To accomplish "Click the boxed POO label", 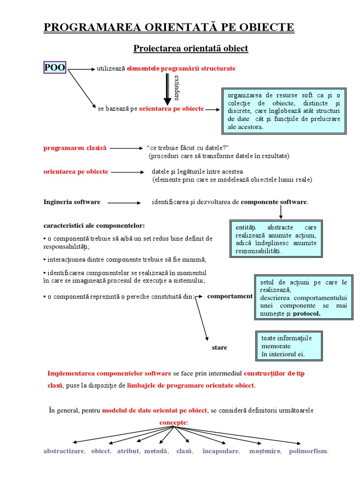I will pos(54,68).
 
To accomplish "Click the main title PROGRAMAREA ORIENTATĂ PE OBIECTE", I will pos(169,27).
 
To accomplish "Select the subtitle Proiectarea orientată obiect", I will pos(191,48).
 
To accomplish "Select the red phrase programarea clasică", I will pos(75,148).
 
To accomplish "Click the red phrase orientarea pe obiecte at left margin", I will pos(76,172).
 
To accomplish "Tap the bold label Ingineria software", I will pos(72,202).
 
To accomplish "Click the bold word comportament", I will pos(230,296).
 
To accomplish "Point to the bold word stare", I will pos(219,348).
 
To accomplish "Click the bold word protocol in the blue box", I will pos(307,314).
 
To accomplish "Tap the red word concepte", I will pos(173,422).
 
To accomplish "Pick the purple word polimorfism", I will pos(308,451).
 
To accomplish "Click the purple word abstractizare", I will pos(64,451).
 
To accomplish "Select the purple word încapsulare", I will pos(221,451).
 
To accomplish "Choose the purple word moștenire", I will pos(265,451).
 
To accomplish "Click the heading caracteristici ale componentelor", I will pos(94,225).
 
